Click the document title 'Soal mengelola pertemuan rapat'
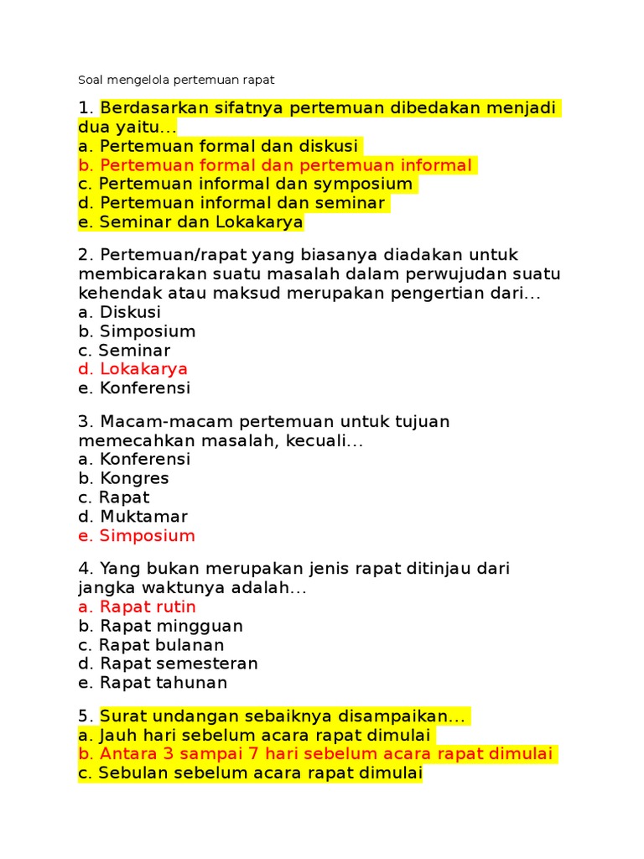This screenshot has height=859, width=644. point(176,80)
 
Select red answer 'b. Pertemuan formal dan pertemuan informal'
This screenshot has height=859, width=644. point(275,165)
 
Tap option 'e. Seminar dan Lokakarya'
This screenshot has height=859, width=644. point(190,222)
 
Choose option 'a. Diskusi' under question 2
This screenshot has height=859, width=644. point(119,312)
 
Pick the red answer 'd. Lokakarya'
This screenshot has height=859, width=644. point(132,369)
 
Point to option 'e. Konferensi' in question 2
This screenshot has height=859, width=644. point(134,388)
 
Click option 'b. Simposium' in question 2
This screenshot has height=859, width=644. point(137,331)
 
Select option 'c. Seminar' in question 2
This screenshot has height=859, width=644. point(124,351)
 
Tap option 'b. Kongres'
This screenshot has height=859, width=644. point(123,478)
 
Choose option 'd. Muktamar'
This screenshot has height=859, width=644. point(132,517)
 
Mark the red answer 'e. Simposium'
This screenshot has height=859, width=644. point(136,536)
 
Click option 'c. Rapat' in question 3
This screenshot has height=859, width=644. point(113,497)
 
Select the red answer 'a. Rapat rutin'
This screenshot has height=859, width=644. point(137,607)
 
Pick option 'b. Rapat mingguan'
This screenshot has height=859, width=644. point(160,626)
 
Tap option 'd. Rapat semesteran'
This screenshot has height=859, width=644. point(168,664)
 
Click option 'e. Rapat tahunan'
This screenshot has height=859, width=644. point(153,683)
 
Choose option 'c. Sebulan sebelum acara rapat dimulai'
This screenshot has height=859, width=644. point(250,773)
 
